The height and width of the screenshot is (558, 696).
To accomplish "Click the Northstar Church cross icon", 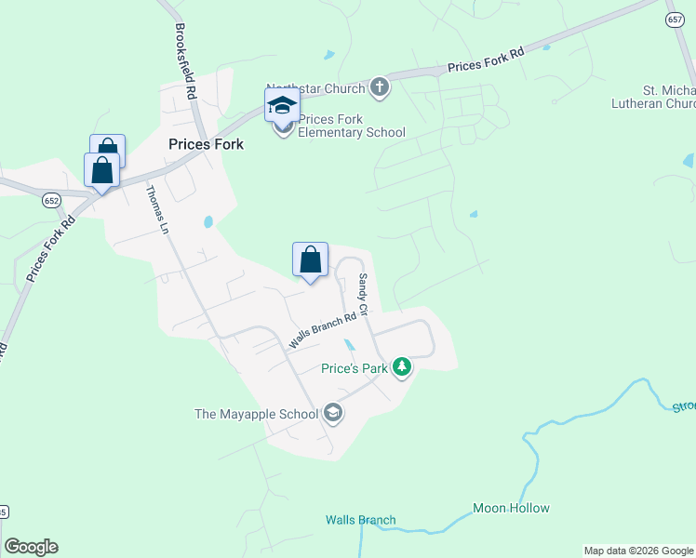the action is tap(379, 88).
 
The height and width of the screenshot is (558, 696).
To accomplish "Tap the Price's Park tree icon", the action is tap(402, 368).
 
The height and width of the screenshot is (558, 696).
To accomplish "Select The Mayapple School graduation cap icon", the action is tap(333, 414).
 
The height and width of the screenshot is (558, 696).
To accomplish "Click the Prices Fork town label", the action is tap(206, 144).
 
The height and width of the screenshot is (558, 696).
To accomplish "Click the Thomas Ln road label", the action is tap(155, 209).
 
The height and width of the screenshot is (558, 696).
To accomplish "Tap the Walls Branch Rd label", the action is tap(323, 330).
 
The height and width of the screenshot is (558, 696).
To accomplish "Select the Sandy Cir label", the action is tap(364, 294).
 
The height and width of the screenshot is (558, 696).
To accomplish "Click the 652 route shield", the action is tap(51, 199).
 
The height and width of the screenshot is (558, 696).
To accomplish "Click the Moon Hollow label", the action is tap(511, 508).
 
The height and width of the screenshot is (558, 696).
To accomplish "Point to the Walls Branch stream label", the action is tap(360, 520).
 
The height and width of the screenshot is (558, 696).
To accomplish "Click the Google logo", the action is tap(31, 547).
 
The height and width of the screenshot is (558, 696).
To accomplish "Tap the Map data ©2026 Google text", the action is tap(638, 551).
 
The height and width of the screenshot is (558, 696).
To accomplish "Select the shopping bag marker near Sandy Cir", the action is tap(310, 259).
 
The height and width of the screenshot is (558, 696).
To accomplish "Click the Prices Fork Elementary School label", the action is tap(352, 126).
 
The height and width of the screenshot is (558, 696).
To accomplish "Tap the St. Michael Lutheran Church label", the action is tap(669, 98).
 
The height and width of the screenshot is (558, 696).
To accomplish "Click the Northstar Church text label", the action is tap(316, 87).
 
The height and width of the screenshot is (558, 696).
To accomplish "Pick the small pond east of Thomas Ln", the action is tap(207, 222).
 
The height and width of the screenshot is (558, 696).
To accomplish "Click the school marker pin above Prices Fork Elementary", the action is tap(282, 105).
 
